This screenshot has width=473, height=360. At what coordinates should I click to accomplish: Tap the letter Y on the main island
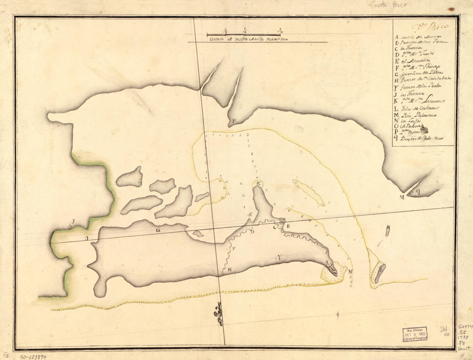pos(279,257)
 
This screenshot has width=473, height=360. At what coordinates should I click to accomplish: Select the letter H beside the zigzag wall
pos(230,270)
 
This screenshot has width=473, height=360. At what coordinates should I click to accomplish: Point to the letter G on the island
pos(158,230)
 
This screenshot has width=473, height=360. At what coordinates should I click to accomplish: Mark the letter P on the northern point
pos(233,121)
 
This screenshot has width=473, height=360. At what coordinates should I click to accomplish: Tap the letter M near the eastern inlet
pos(402,197)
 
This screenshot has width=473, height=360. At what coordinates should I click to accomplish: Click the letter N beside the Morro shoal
pos(350,272)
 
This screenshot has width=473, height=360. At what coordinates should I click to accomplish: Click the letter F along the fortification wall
pos(233,249)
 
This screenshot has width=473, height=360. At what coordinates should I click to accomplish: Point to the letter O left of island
pos(86,238)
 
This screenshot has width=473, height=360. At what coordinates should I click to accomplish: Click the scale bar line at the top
pos(244,34)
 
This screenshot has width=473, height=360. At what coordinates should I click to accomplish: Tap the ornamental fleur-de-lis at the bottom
pos(218,314)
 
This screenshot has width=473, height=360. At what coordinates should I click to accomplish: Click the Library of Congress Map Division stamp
pos(415,333)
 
